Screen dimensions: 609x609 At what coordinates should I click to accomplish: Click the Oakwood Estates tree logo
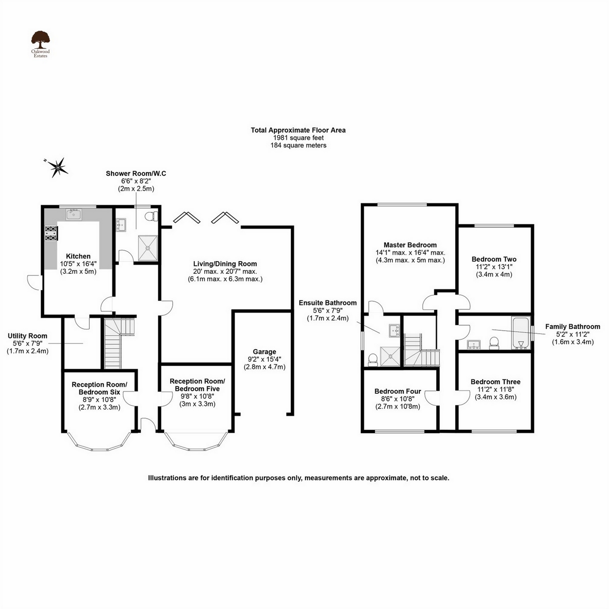click(40, 40)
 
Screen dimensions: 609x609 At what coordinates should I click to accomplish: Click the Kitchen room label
click(78, 256)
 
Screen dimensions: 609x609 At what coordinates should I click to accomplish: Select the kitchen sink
click(74, 215)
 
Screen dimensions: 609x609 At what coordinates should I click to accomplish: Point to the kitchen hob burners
click(51, 233)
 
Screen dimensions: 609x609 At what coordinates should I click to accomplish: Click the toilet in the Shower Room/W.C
click(152, 217)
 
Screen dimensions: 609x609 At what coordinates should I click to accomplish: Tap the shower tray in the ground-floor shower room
click(148, 248)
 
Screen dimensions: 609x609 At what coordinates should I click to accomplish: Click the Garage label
click(264, 352)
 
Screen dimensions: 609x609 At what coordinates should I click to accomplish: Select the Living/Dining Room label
click(225, 264)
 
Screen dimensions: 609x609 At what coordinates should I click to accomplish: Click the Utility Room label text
click(28, 336)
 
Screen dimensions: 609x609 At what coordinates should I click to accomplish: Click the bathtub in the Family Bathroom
click(521, 333)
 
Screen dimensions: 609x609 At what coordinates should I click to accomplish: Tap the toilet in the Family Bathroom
click(494, 343)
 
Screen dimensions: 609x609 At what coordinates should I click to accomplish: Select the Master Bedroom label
click(410, 245)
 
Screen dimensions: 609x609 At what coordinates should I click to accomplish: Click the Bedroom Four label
click(397, 392)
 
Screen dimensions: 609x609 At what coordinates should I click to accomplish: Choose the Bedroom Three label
click(495, 382)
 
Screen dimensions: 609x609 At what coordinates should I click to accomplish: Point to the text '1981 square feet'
click(298, 138)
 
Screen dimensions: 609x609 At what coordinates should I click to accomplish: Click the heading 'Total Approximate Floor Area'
click(298, 130)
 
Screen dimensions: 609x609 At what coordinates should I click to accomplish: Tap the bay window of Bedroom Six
click(99, 444)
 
